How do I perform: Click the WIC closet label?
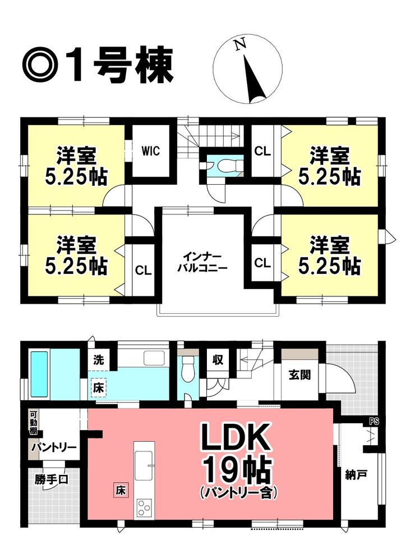pos(151,151)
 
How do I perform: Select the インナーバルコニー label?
pos(202,262)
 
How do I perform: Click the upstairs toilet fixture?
pos(227,166)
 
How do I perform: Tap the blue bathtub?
pos(39,374)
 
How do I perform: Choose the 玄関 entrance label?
pos(300,374)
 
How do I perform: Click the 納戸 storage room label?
pos(356,475)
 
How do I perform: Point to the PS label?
pos(374,422)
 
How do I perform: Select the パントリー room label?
pos(54,447)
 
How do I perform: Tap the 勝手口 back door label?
pos(52,479)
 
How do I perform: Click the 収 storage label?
pos(218,360)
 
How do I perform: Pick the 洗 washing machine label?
pos(99,360)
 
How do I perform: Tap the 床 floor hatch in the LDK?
pos(120,491)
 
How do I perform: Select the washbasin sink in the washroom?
pos(154,358)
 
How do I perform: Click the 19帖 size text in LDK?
pos(237,470)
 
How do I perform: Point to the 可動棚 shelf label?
pos(33,423)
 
